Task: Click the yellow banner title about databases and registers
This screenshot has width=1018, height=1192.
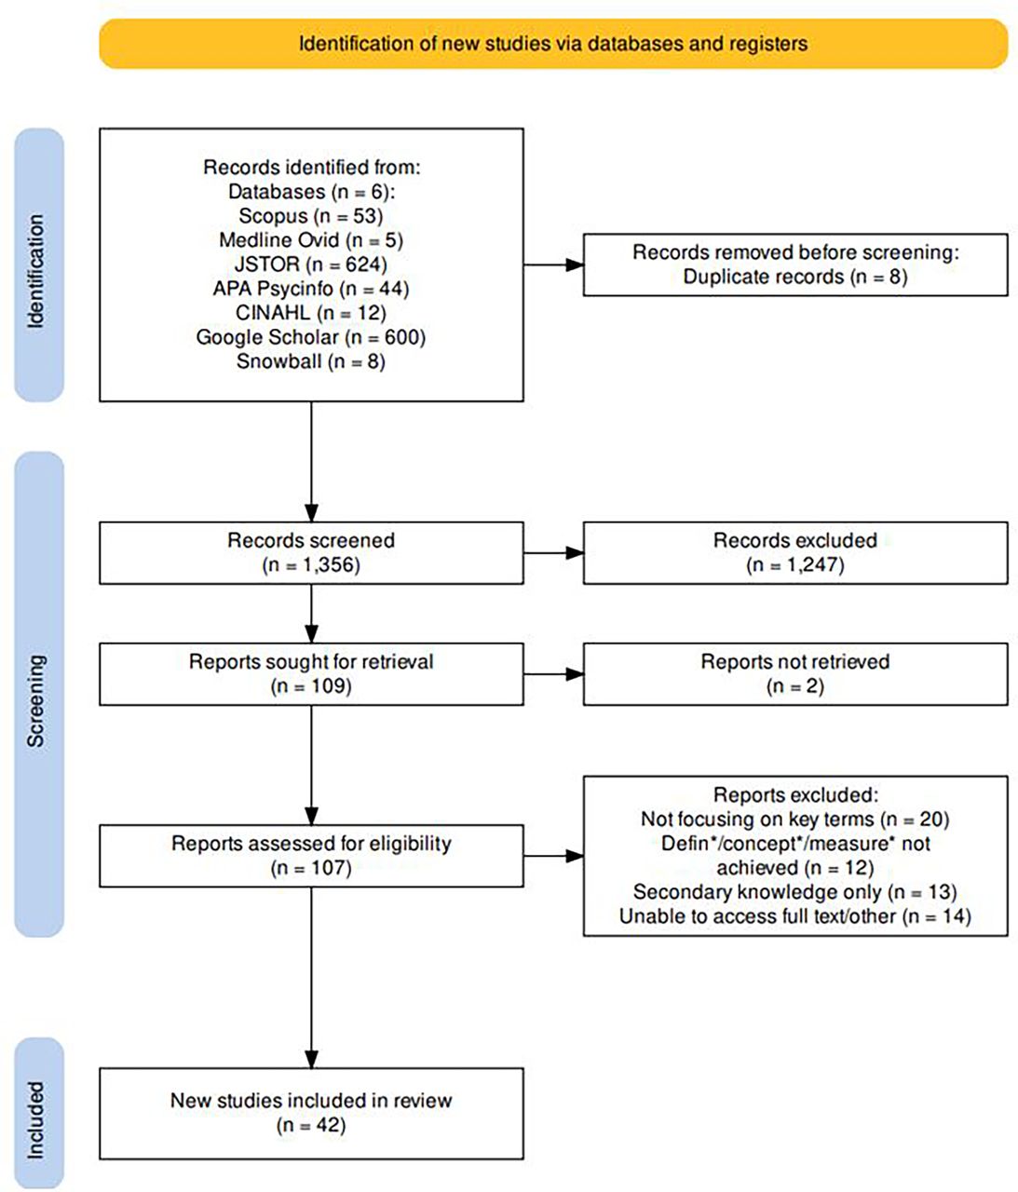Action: coord(552,44)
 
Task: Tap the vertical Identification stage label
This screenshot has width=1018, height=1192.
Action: coord(35,272)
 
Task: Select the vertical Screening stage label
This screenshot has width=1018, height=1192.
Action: coord(35,700)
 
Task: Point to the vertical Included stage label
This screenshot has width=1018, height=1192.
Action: coord(35,1120)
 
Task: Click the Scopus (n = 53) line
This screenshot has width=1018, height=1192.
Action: coord(311,216)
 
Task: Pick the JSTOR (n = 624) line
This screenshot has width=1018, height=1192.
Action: coord(311,264)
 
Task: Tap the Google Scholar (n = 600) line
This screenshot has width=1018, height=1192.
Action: coord(311,337)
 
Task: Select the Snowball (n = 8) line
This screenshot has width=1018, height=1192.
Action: coord(311,361)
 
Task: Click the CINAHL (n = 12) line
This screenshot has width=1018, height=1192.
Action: coord(311,313)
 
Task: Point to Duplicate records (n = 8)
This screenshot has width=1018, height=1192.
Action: coord(795,277)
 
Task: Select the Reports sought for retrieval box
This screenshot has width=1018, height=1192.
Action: coord(311,674)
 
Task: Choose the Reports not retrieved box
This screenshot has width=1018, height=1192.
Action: coord(795,674)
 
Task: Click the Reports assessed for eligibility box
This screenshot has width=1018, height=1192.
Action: coord(311,856)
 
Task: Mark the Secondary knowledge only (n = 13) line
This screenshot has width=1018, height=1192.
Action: coord(795,892)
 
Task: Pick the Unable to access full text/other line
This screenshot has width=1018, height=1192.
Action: coord(795,916)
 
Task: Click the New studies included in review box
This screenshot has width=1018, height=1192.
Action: coord(311,1114)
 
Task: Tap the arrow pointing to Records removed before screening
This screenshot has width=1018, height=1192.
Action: coord(553,264)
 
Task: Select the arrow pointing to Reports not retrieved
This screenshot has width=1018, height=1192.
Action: coord(553,674)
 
